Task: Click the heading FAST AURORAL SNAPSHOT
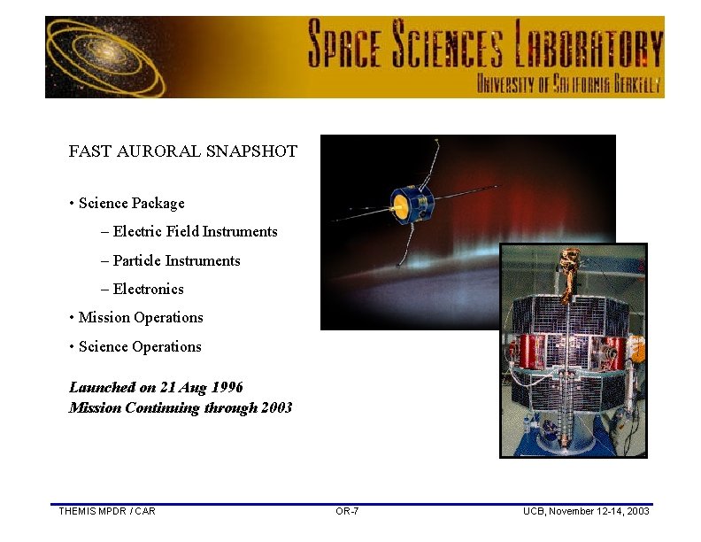pos(182,151)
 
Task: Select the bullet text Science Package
pos(131,204)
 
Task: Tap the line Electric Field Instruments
pos(195,232)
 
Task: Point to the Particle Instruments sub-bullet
pos(176,260)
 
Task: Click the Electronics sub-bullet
pos(148,289)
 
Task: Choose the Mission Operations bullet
pos(141,318)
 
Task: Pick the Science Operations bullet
pos(140,346)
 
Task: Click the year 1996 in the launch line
pos(225,387)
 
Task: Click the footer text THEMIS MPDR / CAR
pos(106,511)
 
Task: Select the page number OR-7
pos(347,511)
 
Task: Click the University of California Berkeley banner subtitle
pos(569,84)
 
